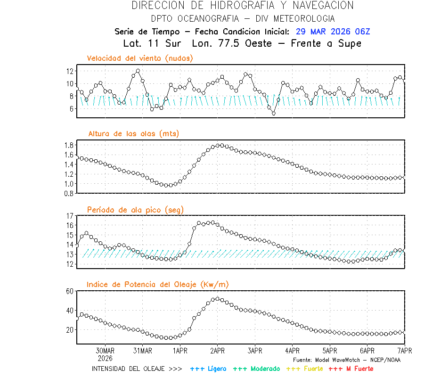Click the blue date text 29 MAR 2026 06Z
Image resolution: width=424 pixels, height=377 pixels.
coord(333,32)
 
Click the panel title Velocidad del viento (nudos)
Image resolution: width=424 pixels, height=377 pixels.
coord(140,58)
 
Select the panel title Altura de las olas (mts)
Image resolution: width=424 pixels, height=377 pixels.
coord(134,134)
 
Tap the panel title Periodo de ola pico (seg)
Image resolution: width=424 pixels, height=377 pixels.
coord(135,209)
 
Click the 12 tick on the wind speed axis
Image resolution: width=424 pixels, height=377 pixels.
coord(71,71)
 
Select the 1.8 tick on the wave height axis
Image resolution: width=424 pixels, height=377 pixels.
coord(69,145)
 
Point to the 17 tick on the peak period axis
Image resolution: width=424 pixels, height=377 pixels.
coord(70,216)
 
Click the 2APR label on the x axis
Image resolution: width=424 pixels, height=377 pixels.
coord(217,351)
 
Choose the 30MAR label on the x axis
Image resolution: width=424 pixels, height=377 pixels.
coord(105,351)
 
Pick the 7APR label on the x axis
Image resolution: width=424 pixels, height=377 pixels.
coord(404,351)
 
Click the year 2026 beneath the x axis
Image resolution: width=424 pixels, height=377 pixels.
coord(105,358)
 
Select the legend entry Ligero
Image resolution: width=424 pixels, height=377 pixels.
coord(208,369)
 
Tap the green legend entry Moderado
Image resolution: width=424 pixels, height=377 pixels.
coord(256,369)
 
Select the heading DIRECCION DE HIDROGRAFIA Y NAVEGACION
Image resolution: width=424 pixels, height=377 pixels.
coord(243,6)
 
